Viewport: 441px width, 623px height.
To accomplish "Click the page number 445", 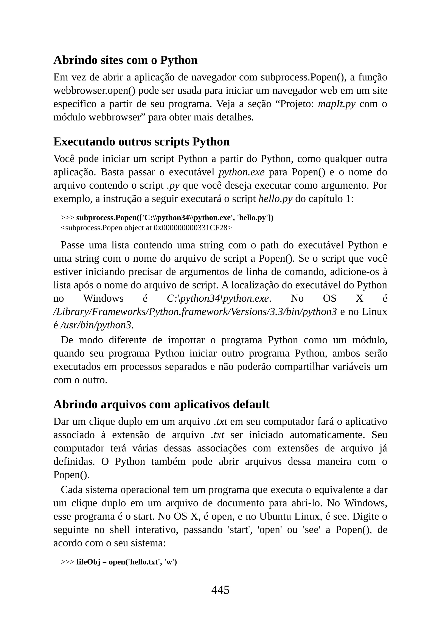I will click(x=220, y=590).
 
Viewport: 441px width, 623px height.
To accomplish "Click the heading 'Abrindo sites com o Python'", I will click(x=126, y=60).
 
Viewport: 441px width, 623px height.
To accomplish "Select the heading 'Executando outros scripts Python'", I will click(x=141, y=142).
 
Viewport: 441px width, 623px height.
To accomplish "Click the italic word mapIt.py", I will click(x=336, y=104).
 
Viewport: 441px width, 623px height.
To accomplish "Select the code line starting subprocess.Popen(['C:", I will click(x=175, y=218).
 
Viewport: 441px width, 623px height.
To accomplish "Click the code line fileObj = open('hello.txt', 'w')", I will click(x=126, y=562).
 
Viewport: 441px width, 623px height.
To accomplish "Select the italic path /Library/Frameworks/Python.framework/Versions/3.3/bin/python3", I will click(x=195, y=312).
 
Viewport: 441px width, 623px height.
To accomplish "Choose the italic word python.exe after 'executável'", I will click(x=241, y=172).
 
